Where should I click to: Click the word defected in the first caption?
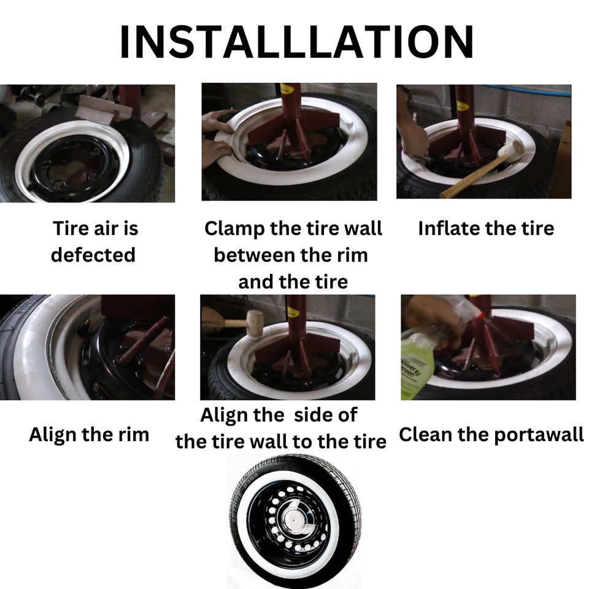(93, 254)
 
